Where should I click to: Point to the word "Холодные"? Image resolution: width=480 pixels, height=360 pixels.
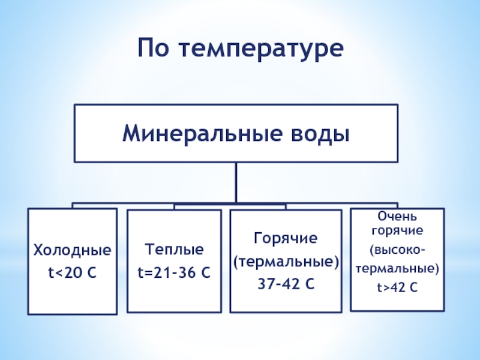point(72,249)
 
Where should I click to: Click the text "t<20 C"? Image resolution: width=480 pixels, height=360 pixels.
point(72,274)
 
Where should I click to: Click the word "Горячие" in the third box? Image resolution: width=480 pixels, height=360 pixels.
point(285,239)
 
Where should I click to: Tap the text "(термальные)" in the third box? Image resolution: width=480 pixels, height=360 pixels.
point(286,262)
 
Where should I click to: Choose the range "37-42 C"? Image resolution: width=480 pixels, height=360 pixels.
point(286,284)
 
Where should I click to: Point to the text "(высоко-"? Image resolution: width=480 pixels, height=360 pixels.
point(397,248)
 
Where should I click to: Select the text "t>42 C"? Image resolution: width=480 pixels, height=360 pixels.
point(397,288)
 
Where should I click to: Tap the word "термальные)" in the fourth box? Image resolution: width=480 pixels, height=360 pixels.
point(397,268)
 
